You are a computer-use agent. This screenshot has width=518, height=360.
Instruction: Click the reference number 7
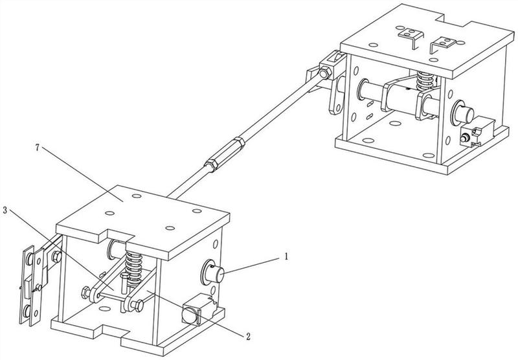click(37, 148)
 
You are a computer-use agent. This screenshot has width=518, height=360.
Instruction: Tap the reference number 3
click(5, 210)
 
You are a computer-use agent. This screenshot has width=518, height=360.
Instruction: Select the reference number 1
click(286, 256)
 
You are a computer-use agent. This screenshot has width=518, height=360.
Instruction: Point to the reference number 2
click(248, 336)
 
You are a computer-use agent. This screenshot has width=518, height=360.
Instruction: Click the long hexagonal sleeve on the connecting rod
click(225, 153)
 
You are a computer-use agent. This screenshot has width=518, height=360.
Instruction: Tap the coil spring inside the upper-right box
click(425, 81)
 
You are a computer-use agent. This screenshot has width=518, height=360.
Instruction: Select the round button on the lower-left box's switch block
click(190, 315)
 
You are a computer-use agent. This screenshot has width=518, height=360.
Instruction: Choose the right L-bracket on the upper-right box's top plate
click(443, 44)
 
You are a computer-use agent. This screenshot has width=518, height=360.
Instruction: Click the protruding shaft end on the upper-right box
click(464, 112)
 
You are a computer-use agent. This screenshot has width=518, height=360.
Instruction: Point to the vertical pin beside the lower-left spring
click(124, 283)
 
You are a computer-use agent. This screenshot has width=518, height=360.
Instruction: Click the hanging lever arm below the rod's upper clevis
click(336, 96)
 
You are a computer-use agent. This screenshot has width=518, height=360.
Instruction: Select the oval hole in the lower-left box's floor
click(104, 309)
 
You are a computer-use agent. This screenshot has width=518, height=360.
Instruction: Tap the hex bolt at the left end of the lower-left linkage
click(85, 292)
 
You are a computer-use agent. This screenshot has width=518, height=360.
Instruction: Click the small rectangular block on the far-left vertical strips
click(28, 285)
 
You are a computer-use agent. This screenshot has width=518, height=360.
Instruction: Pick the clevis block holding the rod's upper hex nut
click(332, 66)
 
